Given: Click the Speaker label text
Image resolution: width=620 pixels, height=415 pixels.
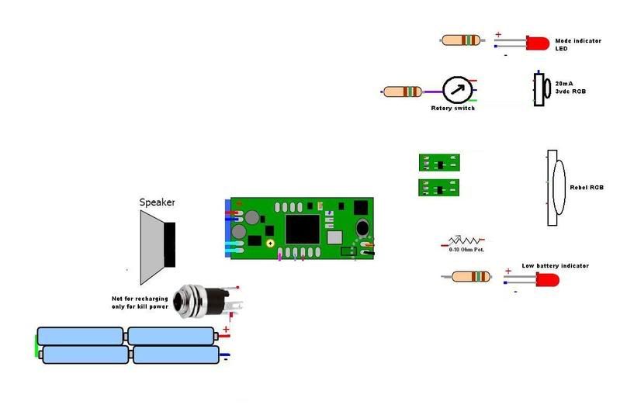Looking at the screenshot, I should coord(157,202).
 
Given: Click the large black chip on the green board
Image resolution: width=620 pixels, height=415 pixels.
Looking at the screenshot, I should coord(302,230).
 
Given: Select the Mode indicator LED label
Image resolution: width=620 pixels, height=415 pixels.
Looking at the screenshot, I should coord(572,44).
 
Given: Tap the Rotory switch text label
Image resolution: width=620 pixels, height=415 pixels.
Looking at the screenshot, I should coord(452,108).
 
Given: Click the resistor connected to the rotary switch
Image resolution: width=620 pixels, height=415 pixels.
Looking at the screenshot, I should coord(403,92).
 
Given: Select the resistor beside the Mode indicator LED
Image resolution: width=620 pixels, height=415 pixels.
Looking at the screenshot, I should coord(462,40).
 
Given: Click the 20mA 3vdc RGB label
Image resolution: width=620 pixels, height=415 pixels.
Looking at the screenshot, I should coord(570,87).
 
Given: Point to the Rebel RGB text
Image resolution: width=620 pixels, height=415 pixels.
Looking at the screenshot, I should coord(587,187).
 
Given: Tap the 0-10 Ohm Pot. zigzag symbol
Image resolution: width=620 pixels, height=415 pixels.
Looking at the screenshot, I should coord(463,241).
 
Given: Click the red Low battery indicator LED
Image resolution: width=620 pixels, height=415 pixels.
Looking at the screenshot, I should coord(547,278).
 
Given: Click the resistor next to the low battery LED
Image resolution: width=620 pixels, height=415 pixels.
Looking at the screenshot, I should coord(470,276).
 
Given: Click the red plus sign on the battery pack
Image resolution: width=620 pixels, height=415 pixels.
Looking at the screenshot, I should coord(226,330).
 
